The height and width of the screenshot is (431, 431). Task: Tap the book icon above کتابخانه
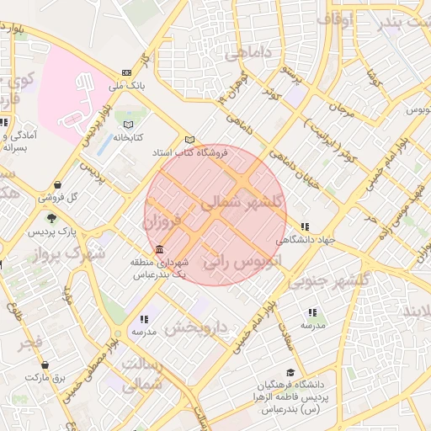pos(127,125)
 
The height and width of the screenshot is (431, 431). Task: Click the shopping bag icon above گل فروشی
pos(56,185)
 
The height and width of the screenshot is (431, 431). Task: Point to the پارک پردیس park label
pos(50,231)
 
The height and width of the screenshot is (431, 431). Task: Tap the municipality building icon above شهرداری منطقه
pos(159,249)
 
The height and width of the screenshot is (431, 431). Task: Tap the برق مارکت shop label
pos(45,379)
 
